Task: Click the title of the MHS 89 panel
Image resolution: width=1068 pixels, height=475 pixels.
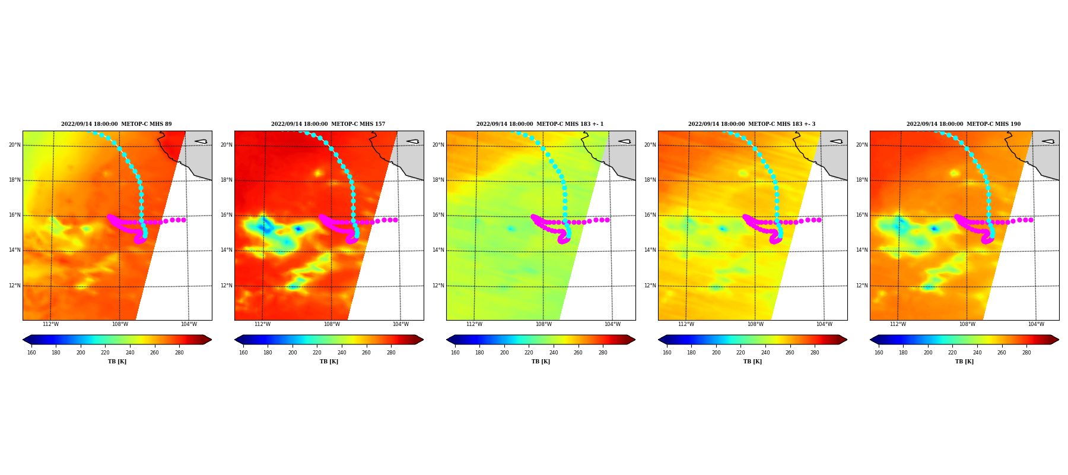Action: [x=116, y=124]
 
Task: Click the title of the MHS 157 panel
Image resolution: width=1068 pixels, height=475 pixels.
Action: [x=328, y=124]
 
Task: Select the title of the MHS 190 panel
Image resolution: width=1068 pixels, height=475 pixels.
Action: [x=964, y=124]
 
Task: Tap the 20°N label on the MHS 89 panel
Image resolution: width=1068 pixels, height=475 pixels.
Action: [x=15, y=145]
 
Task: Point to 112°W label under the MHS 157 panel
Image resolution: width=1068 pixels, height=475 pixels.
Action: [x=262, y=324]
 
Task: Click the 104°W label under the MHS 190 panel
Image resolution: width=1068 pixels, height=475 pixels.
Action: [x=1036, y=324]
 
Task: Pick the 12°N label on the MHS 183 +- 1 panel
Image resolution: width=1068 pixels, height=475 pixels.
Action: [x=438, y=286]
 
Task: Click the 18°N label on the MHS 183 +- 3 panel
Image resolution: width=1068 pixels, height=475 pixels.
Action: [x=650, y=180]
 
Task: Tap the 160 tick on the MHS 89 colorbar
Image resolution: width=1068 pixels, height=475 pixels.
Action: [x=31, y=353]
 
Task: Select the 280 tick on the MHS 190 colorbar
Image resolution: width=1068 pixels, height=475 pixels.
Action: [x=1026, y=353]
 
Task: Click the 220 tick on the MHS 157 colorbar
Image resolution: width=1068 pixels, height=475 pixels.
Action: [x=317, y=353]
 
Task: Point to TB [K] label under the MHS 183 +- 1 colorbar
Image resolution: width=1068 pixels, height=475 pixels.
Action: [x=541, y=362]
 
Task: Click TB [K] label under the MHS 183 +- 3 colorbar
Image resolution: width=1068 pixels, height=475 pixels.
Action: [x=752, y=362]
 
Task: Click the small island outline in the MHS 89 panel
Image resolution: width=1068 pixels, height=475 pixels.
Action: [x=201, y=141]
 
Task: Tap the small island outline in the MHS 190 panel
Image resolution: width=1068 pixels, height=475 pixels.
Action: [x=1048, y=141]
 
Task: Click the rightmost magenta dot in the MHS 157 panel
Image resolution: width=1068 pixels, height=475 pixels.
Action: [x=395, y=220]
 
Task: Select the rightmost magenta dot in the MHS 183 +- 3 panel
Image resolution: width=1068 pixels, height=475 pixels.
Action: [x=819, y=220]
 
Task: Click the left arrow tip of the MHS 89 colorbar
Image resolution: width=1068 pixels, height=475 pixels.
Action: [x=23, y=340]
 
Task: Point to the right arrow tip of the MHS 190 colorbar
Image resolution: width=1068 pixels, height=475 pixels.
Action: [x=1059, y=340]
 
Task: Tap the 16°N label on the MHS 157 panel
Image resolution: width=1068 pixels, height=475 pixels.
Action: [x=227, y=215]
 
